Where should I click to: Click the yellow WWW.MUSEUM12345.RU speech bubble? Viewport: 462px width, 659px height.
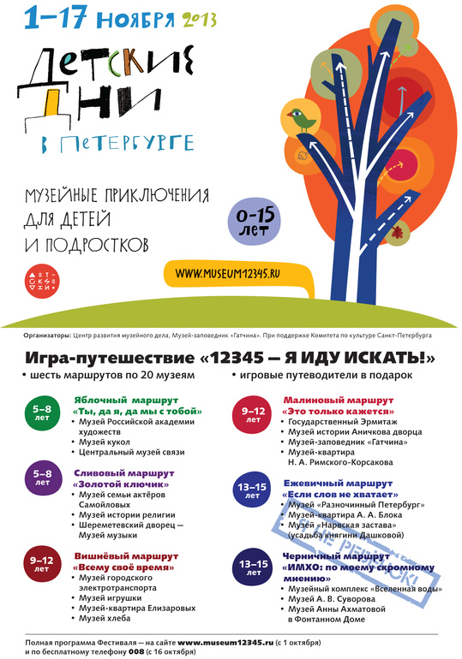[x=235, y=272]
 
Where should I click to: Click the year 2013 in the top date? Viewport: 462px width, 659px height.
[x=199, y=16]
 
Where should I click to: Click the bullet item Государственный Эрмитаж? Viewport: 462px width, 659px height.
[x=341, y=421]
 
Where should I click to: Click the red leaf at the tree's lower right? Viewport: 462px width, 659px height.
[x=396, y=231]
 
